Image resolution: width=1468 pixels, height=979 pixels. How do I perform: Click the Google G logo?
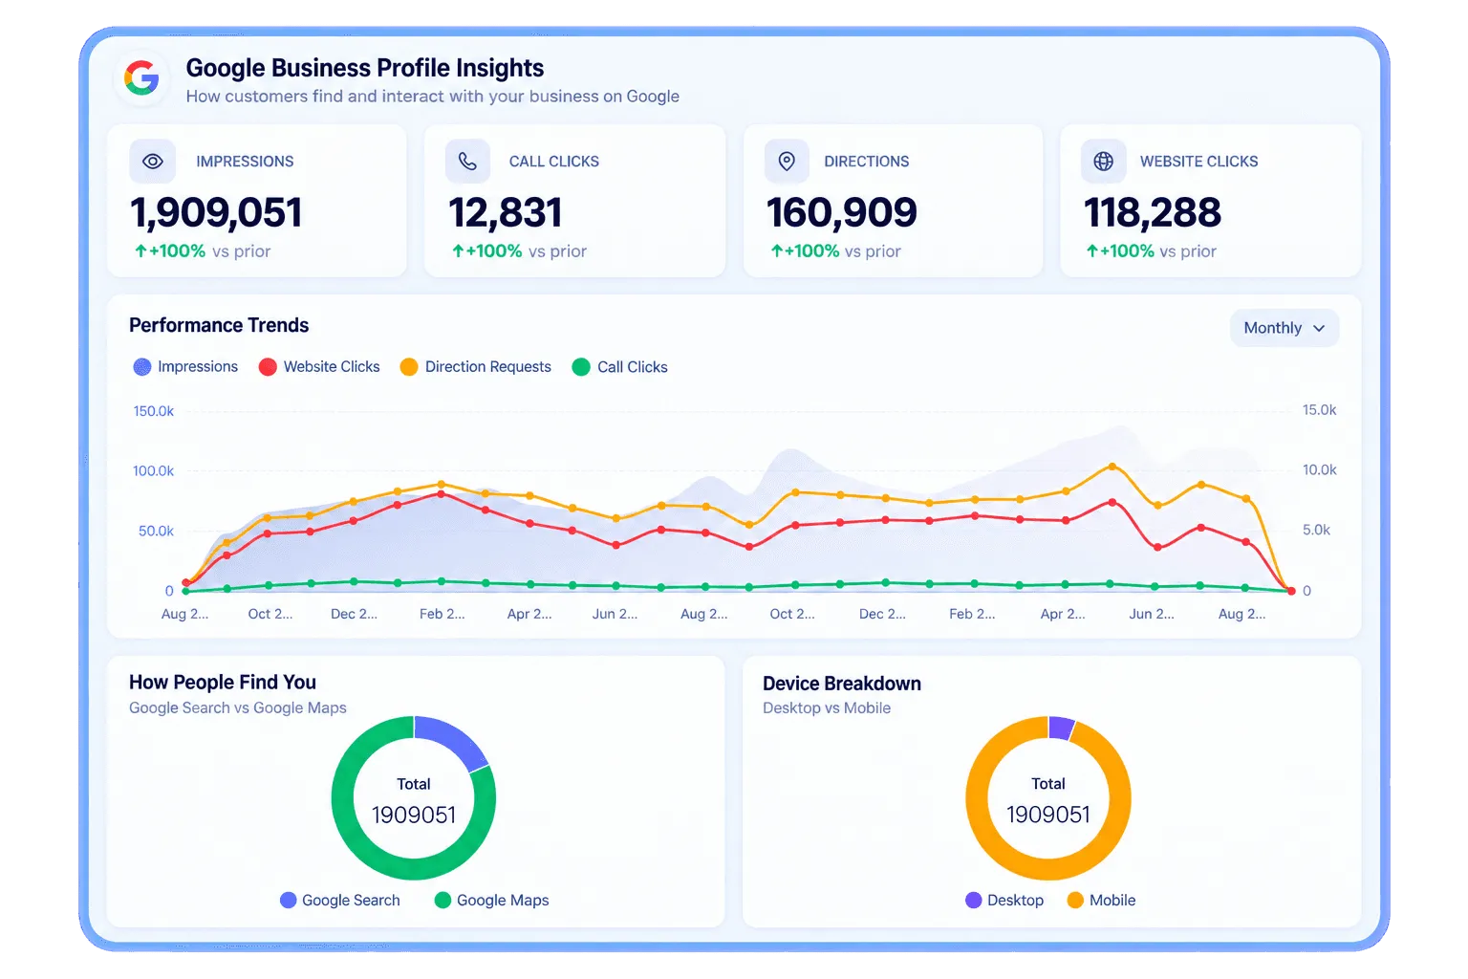[141, 78]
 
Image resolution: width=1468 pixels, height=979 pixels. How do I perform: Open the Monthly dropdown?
[1284, 328]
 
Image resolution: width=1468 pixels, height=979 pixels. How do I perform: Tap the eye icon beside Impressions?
[153, 162]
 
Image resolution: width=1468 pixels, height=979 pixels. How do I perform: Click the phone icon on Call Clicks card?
[467, 162]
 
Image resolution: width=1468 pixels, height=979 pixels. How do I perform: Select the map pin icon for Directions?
[787, 162]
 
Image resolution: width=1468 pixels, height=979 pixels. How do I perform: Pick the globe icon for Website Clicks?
[1104, 162]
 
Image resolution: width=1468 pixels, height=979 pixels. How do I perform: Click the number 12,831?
[506, 213]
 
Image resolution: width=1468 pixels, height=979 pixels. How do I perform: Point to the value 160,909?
[841, 213]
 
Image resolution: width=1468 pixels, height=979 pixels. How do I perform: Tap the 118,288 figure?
[1153, 213]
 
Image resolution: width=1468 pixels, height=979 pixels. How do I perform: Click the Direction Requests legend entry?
[476, 366]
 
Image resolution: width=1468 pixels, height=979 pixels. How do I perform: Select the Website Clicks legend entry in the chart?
[319, 366]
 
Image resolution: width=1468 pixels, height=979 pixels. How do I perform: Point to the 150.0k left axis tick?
[153, 411]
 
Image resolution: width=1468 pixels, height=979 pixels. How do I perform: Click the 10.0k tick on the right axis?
[1319, 469]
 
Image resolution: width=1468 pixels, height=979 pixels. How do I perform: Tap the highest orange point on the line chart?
[1112, 467]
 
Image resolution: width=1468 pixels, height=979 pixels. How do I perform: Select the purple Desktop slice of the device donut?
[1060, 728]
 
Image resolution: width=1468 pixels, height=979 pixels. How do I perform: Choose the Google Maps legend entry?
[492, 901]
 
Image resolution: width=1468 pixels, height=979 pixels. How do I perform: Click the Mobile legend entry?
[1102, 901]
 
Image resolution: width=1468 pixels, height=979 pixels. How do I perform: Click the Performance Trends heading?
[219, 325]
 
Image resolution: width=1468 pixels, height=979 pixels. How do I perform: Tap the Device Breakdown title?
[841, 684]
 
